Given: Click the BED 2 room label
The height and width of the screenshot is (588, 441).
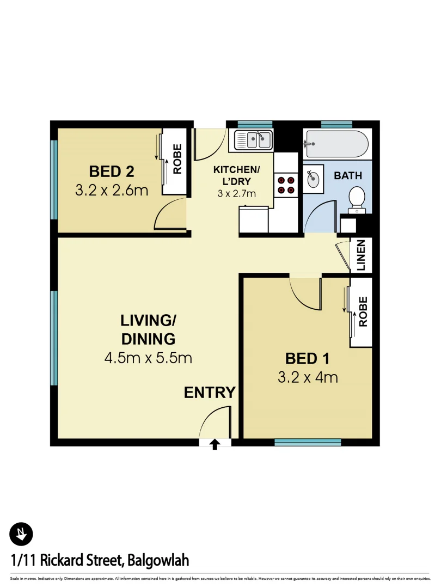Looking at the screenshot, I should coord(112,171).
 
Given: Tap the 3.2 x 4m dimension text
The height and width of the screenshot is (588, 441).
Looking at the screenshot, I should coord(308,377).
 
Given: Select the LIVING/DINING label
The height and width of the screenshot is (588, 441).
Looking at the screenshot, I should coord(148,329).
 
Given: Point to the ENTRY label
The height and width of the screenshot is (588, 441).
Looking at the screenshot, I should coord(210,392).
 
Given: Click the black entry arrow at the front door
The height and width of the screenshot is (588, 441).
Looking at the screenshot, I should coord(215,444).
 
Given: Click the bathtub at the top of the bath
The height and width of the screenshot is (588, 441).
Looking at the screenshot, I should coord(335,143).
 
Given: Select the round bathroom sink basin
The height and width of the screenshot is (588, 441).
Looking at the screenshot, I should coord(313,179).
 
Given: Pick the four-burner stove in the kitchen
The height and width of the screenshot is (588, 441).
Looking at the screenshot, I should coord(286,184).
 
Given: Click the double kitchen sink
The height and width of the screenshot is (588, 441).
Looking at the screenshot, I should coord(254,140).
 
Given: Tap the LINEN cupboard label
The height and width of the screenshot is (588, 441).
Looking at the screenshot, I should coord(362,255).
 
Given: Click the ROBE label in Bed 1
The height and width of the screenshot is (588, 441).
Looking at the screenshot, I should coord(363,311).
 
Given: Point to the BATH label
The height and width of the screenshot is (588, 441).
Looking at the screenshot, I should coord(348,175).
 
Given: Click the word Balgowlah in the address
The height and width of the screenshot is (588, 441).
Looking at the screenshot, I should coord(157,560).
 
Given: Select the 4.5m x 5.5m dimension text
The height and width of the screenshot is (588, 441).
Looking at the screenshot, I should coord(148,358).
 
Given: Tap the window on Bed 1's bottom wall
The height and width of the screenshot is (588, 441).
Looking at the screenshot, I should coord(308,443).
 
